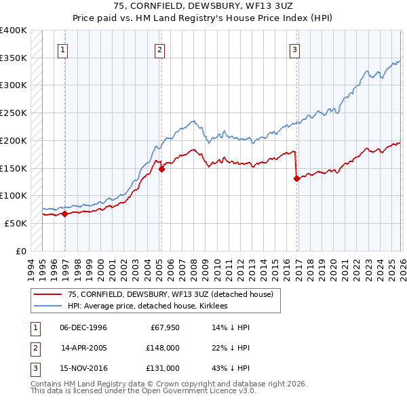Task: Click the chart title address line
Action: pos(203,6)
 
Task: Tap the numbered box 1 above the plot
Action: pos(62,49)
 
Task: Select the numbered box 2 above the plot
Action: pos(159,49)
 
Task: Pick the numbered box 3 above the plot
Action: pos(295,49)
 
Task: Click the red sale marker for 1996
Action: pos(65,214)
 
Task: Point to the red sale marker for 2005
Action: pos(161,169)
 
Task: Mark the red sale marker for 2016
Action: pos(297,179)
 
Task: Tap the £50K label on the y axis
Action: pos(16,223)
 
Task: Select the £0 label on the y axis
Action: pos(20,251)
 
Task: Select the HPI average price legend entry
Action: pos(147,306)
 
